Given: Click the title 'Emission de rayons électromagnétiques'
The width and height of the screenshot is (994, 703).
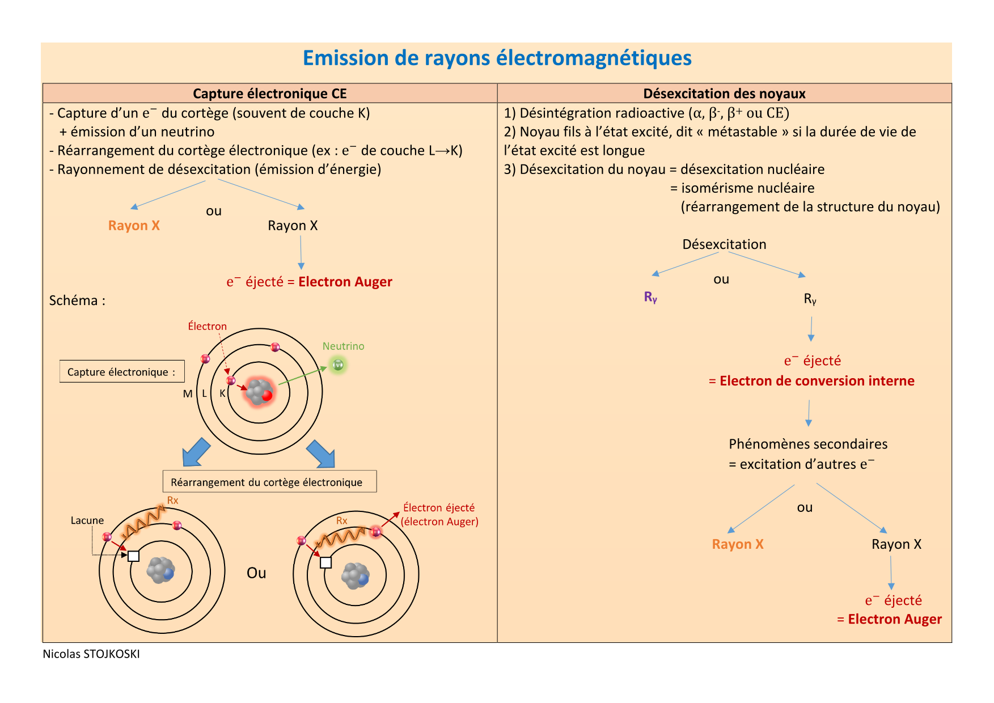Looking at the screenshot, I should [497, 58].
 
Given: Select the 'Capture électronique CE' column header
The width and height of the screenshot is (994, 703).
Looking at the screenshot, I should [269, 94].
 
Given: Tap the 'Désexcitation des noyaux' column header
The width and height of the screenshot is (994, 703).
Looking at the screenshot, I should [724, 94].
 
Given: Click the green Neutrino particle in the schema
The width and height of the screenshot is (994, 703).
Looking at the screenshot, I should [339, 365].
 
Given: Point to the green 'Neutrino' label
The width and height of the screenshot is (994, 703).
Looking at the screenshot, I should [343, 346].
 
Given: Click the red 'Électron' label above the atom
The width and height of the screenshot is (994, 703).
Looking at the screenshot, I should [207, 327].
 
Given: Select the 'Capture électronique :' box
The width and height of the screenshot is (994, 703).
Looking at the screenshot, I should [121, 372].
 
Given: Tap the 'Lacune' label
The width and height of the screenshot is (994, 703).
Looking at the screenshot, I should [87, 520].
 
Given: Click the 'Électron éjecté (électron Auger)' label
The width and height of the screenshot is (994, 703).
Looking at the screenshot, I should [439, 515].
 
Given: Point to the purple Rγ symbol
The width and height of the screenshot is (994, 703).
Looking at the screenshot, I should [650, 297].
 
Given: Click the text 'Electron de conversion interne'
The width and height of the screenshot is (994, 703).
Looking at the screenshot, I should [817, 381].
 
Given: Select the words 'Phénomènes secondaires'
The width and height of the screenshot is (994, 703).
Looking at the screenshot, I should [808, 444].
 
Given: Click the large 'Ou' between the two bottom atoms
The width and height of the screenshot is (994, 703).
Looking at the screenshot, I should [256, 573].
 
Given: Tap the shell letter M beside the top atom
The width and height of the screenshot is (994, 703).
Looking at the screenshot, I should [188, 393].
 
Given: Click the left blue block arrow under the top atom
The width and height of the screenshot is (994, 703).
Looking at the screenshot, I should [196, 452].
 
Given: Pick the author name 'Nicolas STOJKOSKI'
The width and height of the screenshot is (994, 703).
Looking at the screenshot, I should [91, 654].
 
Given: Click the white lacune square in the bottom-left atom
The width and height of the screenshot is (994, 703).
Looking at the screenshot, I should [134, 556].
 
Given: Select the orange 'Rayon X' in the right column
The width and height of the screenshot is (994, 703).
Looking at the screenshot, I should [738, 544].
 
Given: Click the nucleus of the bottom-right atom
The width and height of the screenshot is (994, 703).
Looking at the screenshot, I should [355, 575].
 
